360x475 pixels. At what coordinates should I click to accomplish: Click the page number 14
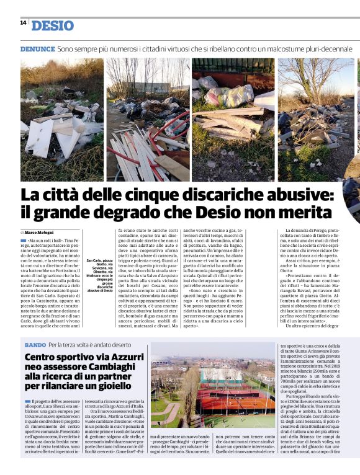pyautogui.click(x=23, y=22)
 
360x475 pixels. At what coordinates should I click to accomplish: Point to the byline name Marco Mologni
pyautogui.click(x=43, y=232)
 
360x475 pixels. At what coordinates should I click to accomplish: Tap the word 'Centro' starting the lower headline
pyautogui.click(x=44, y=357)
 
